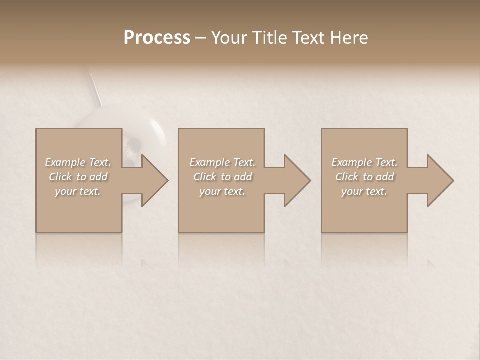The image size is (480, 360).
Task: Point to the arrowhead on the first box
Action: (152, 180)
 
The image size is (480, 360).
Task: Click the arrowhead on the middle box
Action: (295, 180)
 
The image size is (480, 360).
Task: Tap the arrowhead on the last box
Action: (438, 180)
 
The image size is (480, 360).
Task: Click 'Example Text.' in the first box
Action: (78, 162)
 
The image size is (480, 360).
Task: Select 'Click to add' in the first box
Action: (78, 177)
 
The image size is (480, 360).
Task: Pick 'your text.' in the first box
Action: (78, 191)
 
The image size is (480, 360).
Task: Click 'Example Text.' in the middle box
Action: (222, 162)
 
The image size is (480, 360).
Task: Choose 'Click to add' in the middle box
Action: (222, 177)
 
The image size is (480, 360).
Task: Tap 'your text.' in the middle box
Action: (222, 191)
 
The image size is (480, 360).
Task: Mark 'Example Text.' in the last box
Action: (364, 162)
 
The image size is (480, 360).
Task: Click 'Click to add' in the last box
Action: (364, 177)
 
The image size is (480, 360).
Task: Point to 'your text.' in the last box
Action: (364, 191)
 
